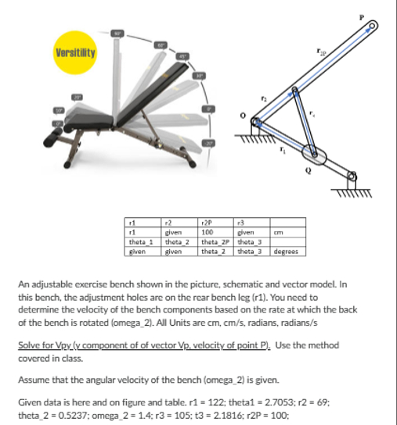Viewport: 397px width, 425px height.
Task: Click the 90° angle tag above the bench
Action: click(117, 33)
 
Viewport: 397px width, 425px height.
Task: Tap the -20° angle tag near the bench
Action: click(210, 144)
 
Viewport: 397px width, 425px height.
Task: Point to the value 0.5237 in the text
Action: click(67, 413)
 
